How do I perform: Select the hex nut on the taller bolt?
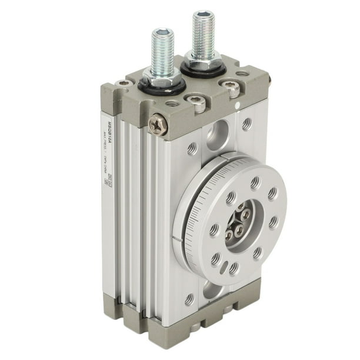[x=203, y=58]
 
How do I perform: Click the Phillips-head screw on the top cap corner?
[x=158, y=124]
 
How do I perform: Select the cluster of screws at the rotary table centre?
[x=238, y=224]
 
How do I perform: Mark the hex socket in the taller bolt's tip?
[x=204, y=14]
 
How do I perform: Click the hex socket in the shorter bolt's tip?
[x=161, y=34]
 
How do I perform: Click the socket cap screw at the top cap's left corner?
[x=123, y=83]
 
